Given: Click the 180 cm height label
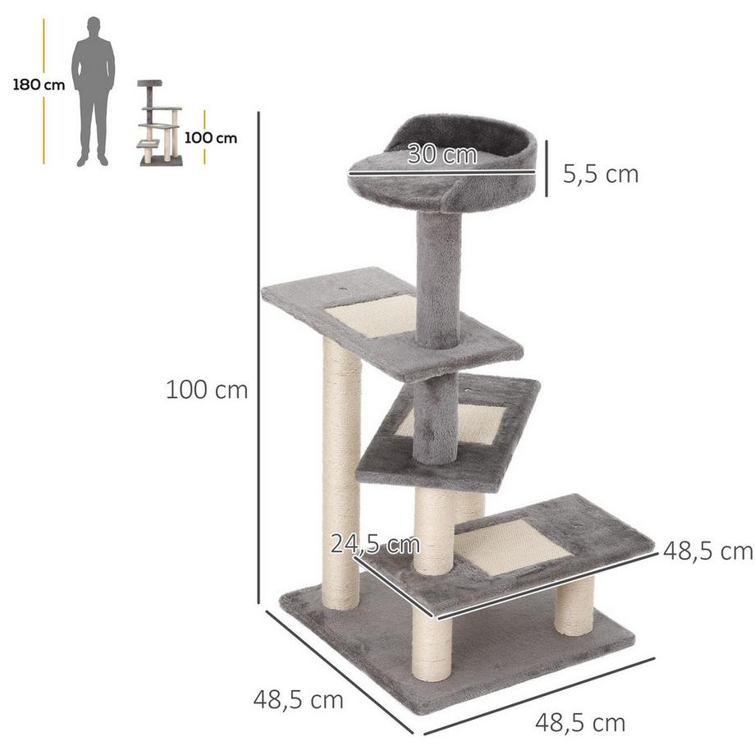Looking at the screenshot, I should tap(38, 85).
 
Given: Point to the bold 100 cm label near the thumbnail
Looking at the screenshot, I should tap(211, 138).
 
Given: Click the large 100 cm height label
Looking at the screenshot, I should tap(207, 389).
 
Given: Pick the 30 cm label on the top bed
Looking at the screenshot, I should tap(442, 154).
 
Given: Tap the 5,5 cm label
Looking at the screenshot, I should tap(600, 174).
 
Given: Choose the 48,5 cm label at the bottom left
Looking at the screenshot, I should tap(298, 700).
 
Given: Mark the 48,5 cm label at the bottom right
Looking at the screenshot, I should tap(580, 723).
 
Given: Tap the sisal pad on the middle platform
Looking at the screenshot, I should tap(460, 423).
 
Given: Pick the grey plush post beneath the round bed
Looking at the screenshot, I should tap(437, 279).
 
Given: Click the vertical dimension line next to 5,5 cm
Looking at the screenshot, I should tap(543, 173).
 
